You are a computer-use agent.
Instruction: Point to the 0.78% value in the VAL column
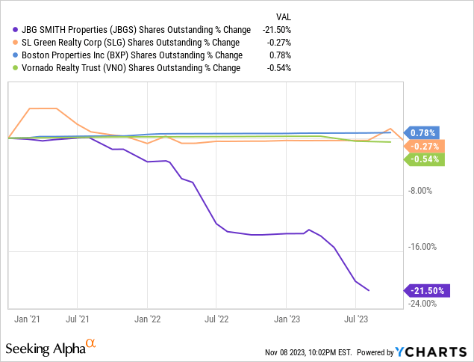coord(280,55)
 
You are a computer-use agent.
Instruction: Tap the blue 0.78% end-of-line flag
coord(423,132)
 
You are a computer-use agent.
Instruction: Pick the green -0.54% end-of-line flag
coord(425,159)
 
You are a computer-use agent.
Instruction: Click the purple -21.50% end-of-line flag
coord(425,290)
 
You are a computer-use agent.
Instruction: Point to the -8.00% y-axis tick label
coord(421,191)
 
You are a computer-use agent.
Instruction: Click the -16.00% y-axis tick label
coord(421,248)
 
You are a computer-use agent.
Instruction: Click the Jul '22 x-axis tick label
coord(216,319)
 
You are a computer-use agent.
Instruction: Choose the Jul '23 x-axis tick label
coord(355,319)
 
